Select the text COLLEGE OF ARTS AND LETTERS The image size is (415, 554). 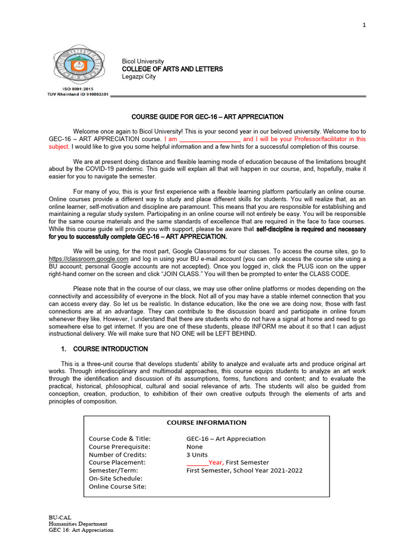tap(172, 69)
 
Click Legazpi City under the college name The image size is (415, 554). tap(139, 77)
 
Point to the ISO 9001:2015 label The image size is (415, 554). tap(78, 89)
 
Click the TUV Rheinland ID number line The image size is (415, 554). tap(78, 94)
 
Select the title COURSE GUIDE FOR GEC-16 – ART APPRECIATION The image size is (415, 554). tap(207, 117)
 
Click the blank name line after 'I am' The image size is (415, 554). tap(209, 139)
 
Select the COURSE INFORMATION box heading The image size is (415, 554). tap(206, 423)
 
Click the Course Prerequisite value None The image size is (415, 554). tap(195, 447)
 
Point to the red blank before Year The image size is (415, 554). tap(197, 463)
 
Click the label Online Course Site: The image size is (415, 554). tap(117, 486)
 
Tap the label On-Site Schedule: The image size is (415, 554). tap(116, 478)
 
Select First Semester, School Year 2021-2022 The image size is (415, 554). tap(244, 470)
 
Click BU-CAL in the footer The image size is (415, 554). tap(60, 518)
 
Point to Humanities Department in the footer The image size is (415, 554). tap(78, 524)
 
